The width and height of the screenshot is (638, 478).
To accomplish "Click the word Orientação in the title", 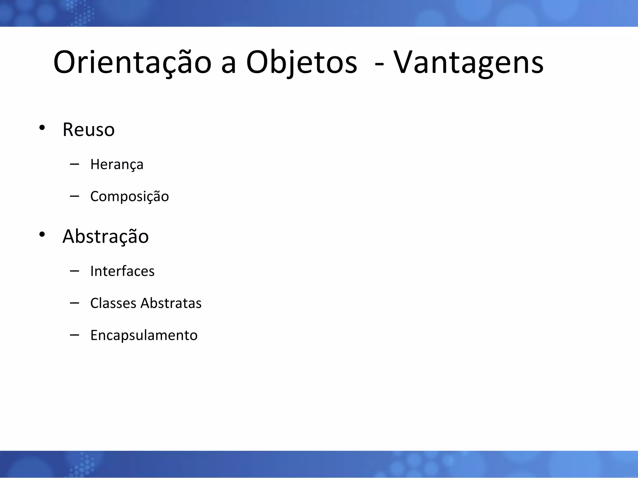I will tap(132, 63).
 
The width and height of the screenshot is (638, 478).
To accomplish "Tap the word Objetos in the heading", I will tap(301, 63).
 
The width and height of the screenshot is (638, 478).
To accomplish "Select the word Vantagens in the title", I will tap(468, 63).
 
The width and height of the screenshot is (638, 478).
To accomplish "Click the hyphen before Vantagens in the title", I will tap(379, 64).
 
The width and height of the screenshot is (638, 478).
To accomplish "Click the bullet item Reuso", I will tap(88, 130).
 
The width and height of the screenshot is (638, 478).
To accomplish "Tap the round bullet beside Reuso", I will tap(42, 128).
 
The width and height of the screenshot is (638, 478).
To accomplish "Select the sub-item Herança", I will tap(117, 164).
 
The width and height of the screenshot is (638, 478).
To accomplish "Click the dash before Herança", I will tap(74, 164).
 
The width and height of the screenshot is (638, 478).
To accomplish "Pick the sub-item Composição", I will tap(129, 196).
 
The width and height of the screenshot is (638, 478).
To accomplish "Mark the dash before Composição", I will tap(74, 196).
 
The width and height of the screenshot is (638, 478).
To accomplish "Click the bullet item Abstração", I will tap(106, 236).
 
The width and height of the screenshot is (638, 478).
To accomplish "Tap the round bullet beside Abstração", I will tap(42, 234).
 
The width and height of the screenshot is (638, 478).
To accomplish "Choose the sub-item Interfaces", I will tap(122, 271).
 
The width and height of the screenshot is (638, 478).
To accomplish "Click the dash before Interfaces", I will tap(74, 271).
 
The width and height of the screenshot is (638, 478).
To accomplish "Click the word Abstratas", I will tap(171, 303).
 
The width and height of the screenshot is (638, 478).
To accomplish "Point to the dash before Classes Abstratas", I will tap(74, 303).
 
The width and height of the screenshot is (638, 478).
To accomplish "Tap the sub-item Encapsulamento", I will tap(144, 335).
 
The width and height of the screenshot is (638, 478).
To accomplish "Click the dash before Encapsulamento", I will tap(74, 335).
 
